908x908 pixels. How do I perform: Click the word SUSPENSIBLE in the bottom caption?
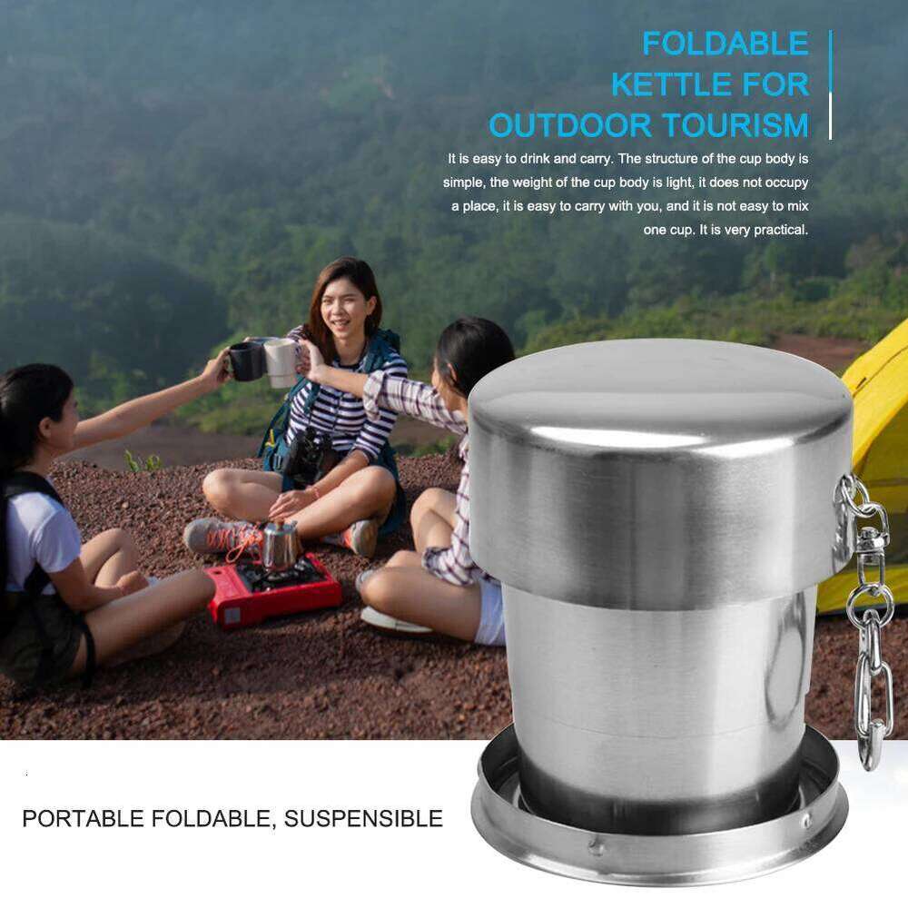click(x=363, y=818)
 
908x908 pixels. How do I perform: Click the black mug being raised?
click(x=245, y=360)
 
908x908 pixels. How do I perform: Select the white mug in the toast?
click(x=281, y=361)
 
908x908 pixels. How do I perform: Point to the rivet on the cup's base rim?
click(x=597, y=846)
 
